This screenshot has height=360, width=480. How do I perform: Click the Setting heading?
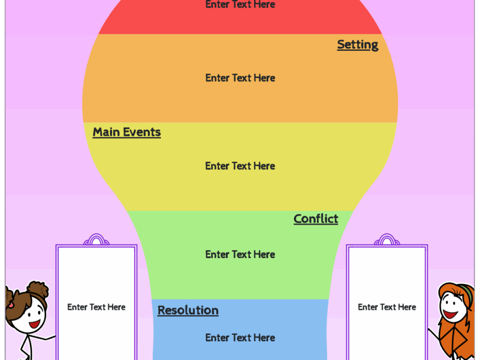357,45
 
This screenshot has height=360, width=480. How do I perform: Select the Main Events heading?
127,132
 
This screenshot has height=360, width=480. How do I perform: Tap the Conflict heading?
316,219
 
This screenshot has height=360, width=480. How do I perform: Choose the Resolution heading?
188,310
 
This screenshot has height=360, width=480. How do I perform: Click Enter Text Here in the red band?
240,4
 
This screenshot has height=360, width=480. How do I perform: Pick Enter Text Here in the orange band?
240,78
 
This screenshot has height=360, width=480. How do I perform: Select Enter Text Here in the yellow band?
240,166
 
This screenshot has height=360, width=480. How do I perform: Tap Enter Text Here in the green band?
240,254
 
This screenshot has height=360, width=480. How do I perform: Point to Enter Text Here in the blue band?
240,338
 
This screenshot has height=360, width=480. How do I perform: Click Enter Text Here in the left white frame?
97,307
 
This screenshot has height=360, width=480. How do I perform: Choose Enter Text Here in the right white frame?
387,307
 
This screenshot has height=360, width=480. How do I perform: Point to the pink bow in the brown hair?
10,305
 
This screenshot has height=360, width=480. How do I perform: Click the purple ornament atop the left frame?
96,240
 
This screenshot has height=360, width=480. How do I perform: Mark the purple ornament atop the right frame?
387,240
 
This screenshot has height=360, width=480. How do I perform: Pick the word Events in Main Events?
142,132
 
